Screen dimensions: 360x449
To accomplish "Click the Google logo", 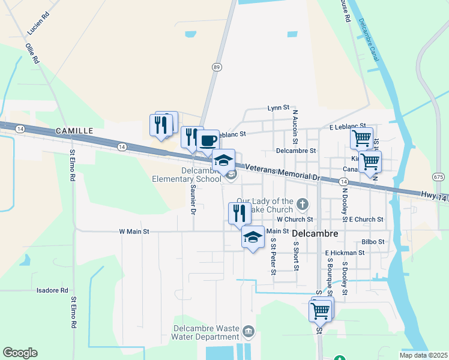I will tap(20, 353).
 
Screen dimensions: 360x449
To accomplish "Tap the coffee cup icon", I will tap(208, 142).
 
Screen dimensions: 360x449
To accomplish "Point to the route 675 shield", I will tap(438, 177).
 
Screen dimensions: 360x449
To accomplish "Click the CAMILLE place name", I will tap(74, 130).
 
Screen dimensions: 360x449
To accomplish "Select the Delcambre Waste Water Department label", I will tap(206, 332).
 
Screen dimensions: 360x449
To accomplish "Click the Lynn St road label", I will tap(279, 109).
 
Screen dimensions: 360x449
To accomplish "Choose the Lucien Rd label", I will tap(38, 23).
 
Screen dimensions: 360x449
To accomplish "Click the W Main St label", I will tap(134, 231).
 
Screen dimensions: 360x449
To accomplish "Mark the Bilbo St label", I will tap(373, 242).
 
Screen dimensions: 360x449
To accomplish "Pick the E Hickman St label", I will tap(345, 253).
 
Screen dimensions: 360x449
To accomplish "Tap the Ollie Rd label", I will tap(32, 52).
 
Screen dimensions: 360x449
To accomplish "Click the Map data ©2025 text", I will tap(423, 355).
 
